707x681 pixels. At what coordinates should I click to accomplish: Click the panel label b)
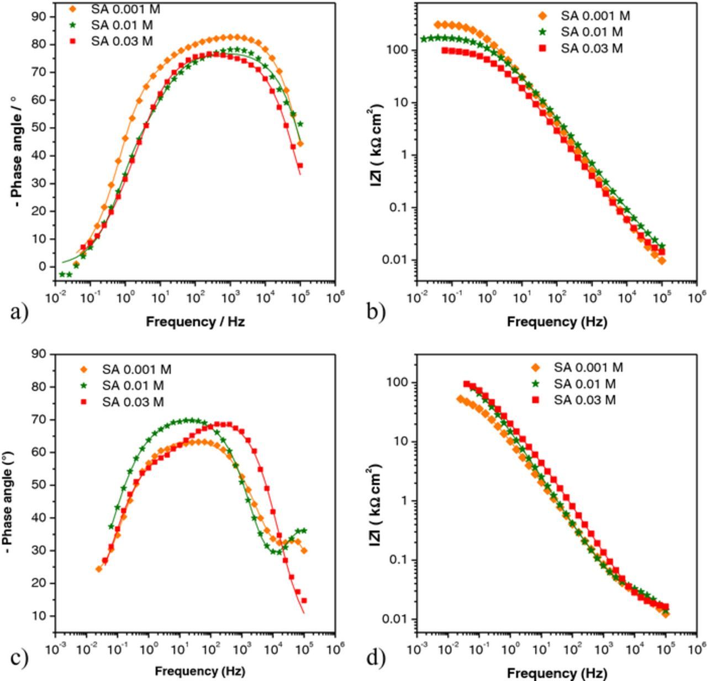pos(376,312)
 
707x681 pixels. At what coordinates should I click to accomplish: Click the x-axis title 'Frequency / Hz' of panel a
pos(195,322)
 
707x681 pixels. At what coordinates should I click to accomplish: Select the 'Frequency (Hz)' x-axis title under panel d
pos(557,673)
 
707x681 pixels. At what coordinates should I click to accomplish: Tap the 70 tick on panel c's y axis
pos(40,420)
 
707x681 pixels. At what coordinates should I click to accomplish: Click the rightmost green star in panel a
pos(300,124)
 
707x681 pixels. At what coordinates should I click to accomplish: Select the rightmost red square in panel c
pos(304,600)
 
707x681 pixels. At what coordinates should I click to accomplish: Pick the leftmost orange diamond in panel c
pos(99,569)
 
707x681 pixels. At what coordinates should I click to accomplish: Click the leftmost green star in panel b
pos(424,39)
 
